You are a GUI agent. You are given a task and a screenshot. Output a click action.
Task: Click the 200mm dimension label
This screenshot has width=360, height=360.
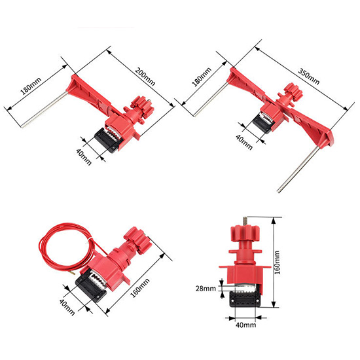click(145, 77)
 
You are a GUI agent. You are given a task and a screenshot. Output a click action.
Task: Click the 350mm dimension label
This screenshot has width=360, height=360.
click(308, 76)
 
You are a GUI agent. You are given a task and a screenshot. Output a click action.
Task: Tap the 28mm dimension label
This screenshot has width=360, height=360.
click(206, 289)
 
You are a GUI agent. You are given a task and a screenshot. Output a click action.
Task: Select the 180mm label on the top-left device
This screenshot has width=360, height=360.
click(31, 86)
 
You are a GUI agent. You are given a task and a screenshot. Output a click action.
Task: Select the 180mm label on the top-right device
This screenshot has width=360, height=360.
click(202, 77)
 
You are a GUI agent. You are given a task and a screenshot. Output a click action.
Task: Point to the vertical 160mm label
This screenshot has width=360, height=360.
click(277, 262)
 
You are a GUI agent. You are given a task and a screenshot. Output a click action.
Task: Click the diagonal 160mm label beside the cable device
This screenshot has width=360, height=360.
click(140, 288)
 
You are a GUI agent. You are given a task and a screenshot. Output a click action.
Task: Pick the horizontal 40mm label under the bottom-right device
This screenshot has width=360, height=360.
click(245, 325)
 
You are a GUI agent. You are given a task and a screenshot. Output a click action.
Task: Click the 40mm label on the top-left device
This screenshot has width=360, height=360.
click(84, 156)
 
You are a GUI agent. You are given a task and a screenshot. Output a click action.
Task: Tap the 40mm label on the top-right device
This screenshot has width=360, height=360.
click(244, 142)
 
